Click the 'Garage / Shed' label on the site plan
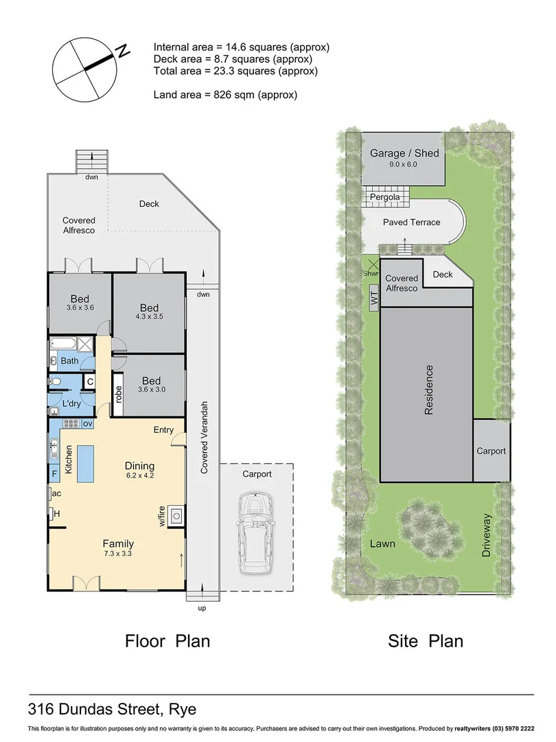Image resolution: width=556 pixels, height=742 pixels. click(404, 154)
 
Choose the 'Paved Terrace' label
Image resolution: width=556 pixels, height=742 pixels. click(411, 222)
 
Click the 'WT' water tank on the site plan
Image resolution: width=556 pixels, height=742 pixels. click(374, 300)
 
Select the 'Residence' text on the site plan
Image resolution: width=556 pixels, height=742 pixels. click(428, 390)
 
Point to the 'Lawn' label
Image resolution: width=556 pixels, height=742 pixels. click(382, 543)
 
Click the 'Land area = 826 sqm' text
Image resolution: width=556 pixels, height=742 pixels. click(225, 95)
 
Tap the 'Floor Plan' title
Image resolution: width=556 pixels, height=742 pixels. click(167, 641)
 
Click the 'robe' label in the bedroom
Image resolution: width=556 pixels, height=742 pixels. click(119, 394)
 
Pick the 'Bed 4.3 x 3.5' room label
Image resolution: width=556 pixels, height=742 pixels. click(149, 313)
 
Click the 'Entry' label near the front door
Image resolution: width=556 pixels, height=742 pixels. click(163, 430)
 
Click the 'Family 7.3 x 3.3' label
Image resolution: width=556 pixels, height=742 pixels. click(119, 548)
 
